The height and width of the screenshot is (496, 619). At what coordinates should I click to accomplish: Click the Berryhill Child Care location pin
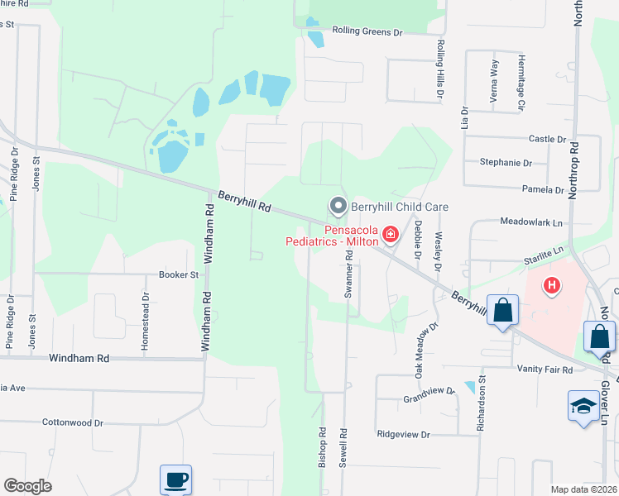pyautogui.click(x=337, y=205)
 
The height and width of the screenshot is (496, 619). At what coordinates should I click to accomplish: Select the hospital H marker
pyautogui.click(x=552, y=287)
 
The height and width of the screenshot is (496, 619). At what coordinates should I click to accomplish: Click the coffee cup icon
pyautogui.click(x=175, y=479)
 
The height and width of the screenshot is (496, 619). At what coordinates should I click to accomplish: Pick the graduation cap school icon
pyautogui.click(x=583, y=408)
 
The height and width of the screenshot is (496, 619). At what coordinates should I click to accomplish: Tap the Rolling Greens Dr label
pyautogui.click(x=367, y=31)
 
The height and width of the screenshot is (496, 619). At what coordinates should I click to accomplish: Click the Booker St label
pyautogui.click(x=179, y=274)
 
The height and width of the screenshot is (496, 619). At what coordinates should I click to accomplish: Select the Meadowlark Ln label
pyautogui.click(x=530, y=222)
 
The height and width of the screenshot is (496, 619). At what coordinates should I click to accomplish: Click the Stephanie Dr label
pyautogui.click(x=505, y=163)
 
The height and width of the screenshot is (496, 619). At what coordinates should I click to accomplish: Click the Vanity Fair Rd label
pyautogui.click(x=545, y=370)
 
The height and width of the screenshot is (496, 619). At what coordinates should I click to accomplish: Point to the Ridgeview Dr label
pyautogui.click(x=403, y=434)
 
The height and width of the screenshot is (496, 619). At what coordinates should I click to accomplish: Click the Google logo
pyautogui.click(x=27, y=486)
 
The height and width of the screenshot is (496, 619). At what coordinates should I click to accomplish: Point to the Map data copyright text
pyautogui.click(x=583, y=489)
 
